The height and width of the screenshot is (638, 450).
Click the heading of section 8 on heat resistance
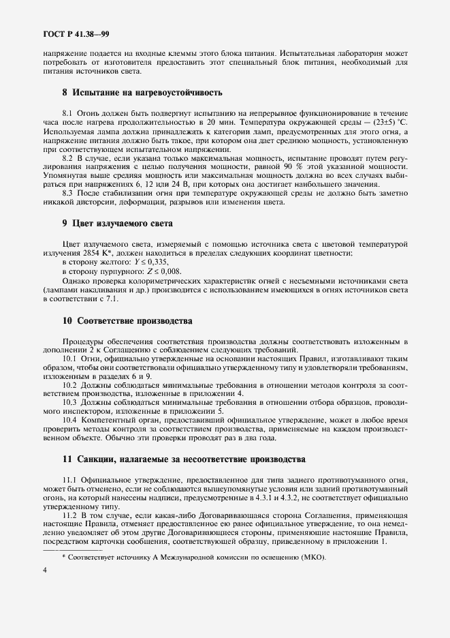click(x=142, y=92)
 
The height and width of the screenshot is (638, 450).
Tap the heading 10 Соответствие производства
click(x=127, y=320)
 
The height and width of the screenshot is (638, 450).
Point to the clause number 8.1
click(x=67, y=111)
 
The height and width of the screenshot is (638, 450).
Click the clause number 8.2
click(x=67, y=157)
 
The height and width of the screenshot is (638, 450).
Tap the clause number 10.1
click(x=69, y=358)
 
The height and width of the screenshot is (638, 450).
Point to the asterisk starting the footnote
click(x=64, y=556)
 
